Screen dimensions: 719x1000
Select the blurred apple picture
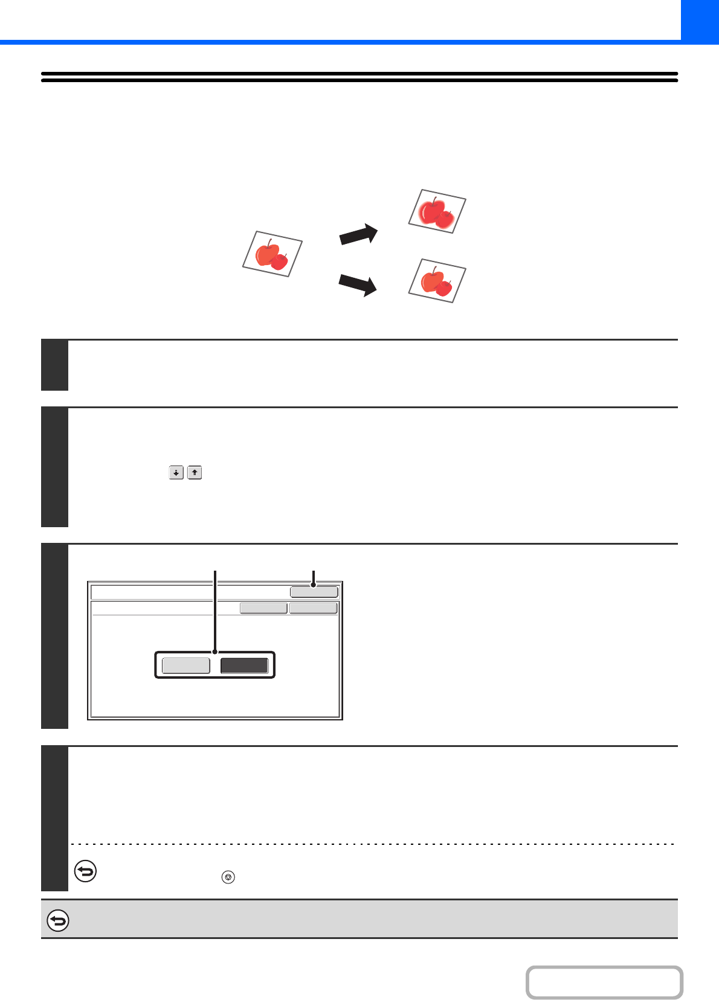pos(437,211)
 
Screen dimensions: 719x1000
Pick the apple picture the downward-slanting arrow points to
pos(437,281)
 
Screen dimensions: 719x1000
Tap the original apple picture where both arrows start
pos(272,254)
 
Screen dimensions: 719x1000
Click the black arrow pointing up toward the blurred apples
pos(359,234)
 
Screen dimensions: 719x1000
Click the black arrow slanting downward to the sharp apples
pos(358,284)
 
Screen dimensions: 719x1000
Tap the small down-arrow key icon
pos(176,473)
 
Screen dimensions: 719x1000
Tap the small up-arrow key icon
pos(195,473)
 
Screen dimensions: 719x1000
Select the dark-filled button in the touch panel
pos(244,665)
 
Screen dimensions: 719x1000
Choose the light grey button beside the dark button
pos(186,665)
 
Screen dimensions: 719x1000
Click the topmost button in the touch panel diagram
pos(314,592)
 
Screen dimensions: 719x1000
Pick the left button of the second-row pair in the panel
pos(263,608)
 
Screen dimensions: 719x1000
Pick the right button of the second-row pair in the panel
pos(313,608)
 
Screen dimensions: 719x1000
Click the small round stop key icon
pos(228,877)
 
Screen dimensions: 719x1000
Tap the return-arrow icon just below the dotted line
pos(85,872)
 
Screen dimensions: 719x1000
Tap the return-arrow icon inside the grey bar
pos(58,920)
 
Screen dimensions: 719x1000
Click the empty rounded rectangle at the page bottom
pos(604,982)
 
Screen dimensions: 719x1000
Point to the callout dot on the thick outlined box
pos(215,652)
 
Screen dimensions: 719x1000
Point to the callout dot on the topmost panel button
pos(313,585)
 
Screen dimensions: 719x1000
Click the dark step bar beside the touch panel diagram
pos(54,636)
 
